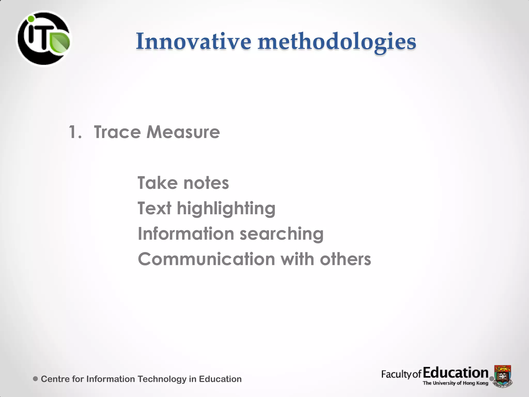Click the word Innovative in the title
(193, 41)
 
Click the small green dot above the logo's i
(31, 19)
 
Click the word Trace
(117, 132)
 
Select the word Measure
(183, 132)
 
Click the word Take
(158, 183)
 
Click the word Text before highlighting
(154, 208)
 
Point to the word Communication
(206, 259)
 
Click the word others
(345, 259)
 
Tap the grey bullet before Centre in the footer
(36, 379)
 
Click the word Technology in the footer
(162, 379)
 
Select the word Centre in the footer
(55, 379)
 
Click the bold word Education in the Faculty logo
(456, 373)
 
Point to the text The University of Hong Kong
(455, 383)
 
